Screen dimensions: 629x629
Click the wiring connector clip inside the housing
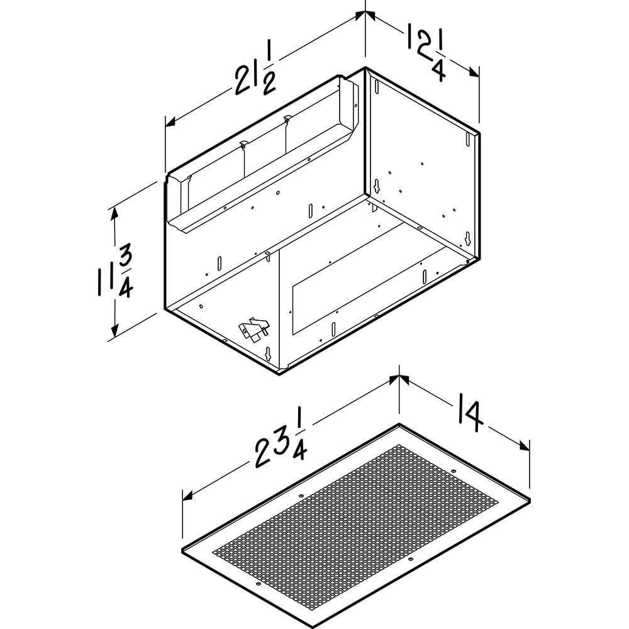pos(252,329)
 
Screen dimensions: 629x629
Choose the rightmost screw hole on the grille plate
pos(454,470)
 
